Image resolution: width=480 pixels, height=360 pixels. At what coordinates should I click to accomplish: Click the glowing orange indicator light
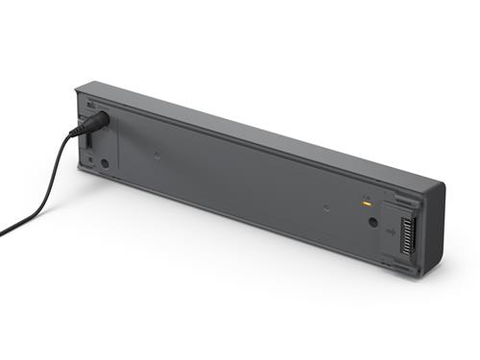pos(366,203)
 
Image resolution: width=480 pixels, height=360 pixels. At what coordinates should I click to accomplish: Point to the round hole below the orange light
pos(372,222)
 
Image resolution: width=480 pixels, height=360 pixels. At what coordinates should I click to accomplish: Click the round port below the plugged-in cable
pos(105,163)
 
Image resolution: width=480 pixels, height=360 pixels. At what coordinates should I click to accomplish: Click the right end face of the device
pos(434,230)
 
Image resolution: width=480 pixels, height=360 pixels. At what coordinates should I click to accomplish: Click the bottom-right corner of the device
pos(423,277)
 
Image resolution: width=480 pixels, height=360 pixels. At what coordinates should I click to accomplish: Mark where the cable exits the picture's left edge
pos(2,232)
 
